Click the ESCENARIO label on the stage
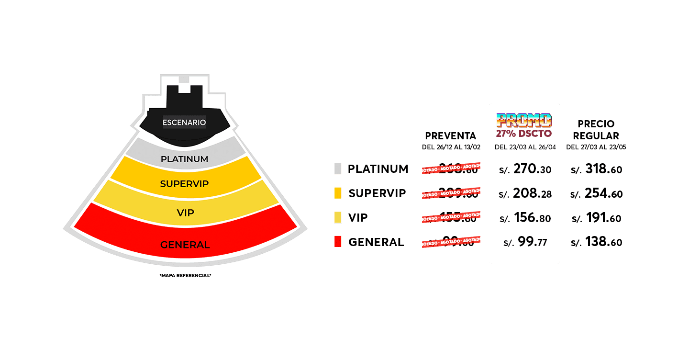coord(184,123)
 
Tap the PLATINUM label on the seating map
coord(184,159)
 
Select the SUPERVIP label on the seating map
coord(184,184)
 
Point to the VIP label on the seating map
coord(185,213)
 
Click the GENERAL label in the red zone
coord(185,245)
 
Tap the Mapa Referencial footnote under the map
coord(185,276)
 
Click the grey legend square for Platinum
coord(338,169)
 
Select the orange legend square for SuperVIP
coord(338,193)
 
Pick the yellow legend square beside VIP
coord(338,218)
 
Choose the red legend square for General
coord(338,242)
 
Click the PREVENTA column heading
coord(450,136)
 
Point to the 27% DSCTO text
coord(524,134)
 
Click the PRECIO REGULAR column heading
coord(596,130)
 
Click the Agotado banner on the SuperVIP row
coord(450,193)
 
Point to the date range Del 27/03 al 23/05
coord(596,147)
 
